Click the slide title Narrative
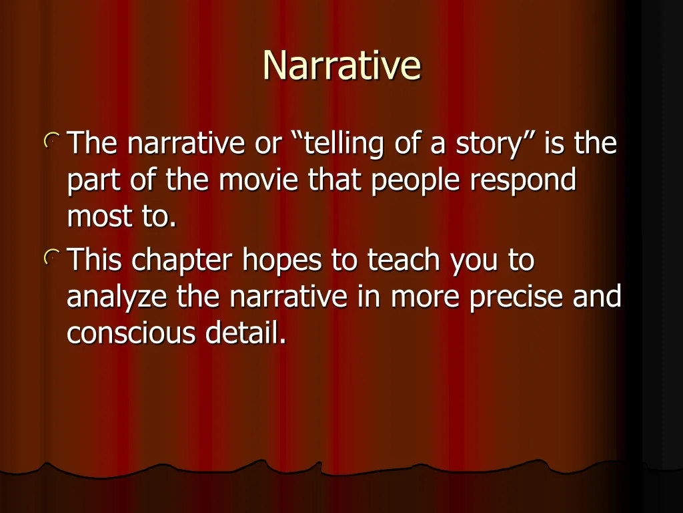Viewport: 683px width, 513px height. click(342, 65)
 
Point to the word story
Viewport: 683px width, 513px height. click(488, 145)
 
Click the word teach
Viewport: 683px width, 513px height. click(404, 260)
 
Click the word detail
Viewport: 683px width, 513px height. click(245, 333)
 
